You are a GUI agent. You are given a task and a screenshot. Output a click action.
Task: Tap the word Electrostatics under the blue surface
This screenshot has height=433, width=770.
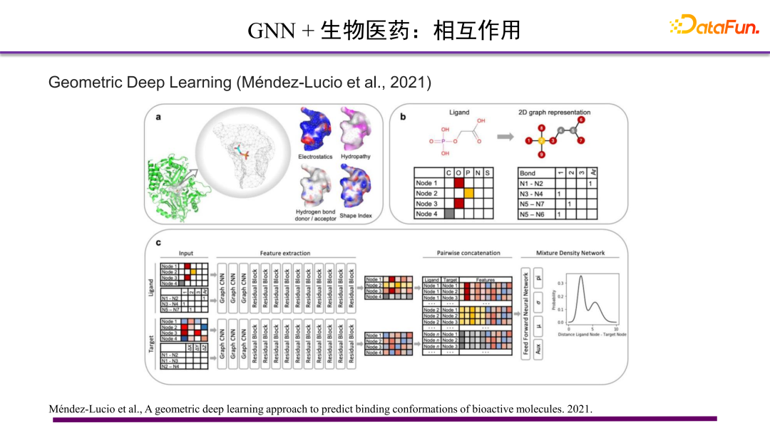(314, 157)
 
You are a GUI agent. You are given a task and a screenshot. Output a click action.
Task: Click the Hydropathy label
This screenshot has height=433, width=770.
(356, 157)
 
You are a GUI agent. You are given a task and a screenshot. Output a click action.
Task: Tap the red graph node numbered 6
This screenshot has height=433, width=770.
(581, 120)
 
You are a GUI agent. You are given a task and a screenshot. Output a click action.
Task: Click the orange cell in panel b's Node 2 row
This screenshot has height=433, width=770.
(468, 194)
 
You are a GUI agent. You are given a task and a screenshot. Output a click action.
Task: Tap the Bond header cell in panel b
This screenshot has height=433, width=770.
(528, 173)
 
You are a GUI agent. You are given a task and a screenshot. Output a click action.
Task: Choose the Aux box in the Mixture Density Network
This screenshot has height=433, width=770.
(538, 348)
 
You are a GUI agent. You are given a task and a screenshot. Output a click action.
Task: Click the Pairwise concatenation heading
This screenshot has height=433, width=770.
(468, 253)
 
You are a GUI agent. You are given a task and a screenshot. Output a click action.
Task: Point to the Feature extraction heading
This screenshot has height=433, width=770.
(285, 253)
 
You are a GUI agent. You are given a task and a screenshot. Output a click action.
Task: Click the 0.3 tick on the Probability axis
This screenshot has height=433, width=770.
(559, 283)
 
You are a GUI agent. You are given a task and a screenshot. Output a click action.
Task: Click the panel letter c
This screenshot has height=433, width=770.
(158, 243)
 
